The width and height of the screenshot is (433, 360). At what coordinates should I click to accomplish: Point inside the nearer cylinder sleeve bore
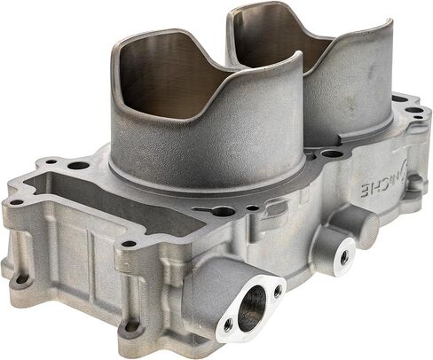(x=166, y=77)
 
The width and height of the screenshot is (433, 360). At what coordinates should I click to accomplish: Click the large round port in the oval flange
(x=252, y=309)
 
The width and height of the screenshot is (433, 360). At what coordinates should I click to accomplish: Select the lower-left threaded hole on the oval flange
(x=228, y=325)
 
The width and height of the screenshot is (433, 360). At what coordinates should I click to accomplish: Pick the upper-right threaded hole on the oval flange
(x=277, y=292)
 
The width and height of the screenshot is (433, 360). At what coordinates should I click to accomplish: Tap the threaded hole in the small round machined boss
(x=343, y=257)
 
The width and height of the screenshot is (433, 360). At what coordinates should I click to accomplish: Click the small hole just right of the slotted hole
(x=252, y=207)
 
